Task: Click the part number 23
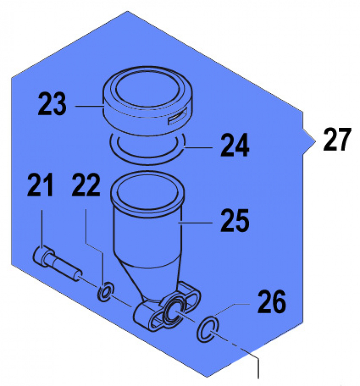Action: click(53, 105)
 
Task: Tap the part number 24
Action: click(235, 145)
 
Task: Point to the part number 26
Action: click(272, 303)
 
